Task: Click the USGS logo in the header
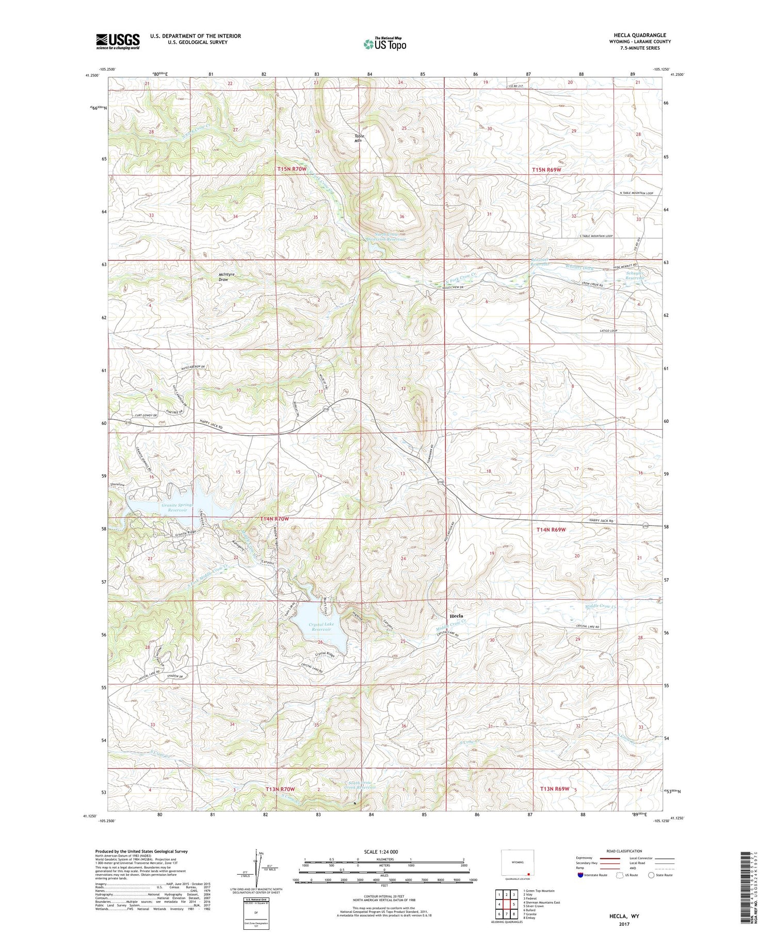click(118, 41)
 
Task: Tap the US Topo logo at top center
click(385, 44)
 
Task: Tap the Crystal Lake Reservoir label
click(321, 627)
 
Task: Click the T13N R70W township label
click(280, 790)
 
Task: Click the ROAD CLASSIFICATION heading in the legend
click(625, 851)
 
